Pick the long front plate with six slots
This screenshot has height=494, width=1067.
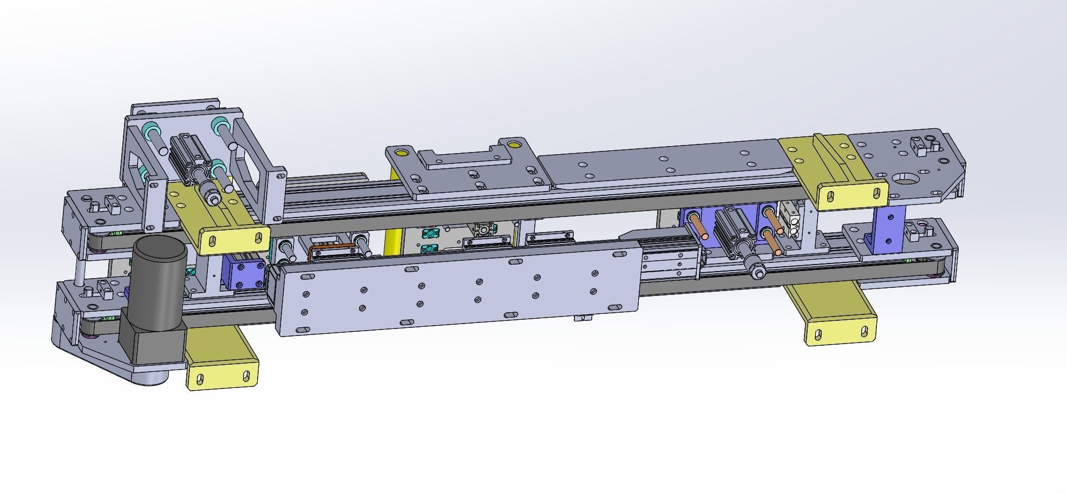point(455,292)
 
